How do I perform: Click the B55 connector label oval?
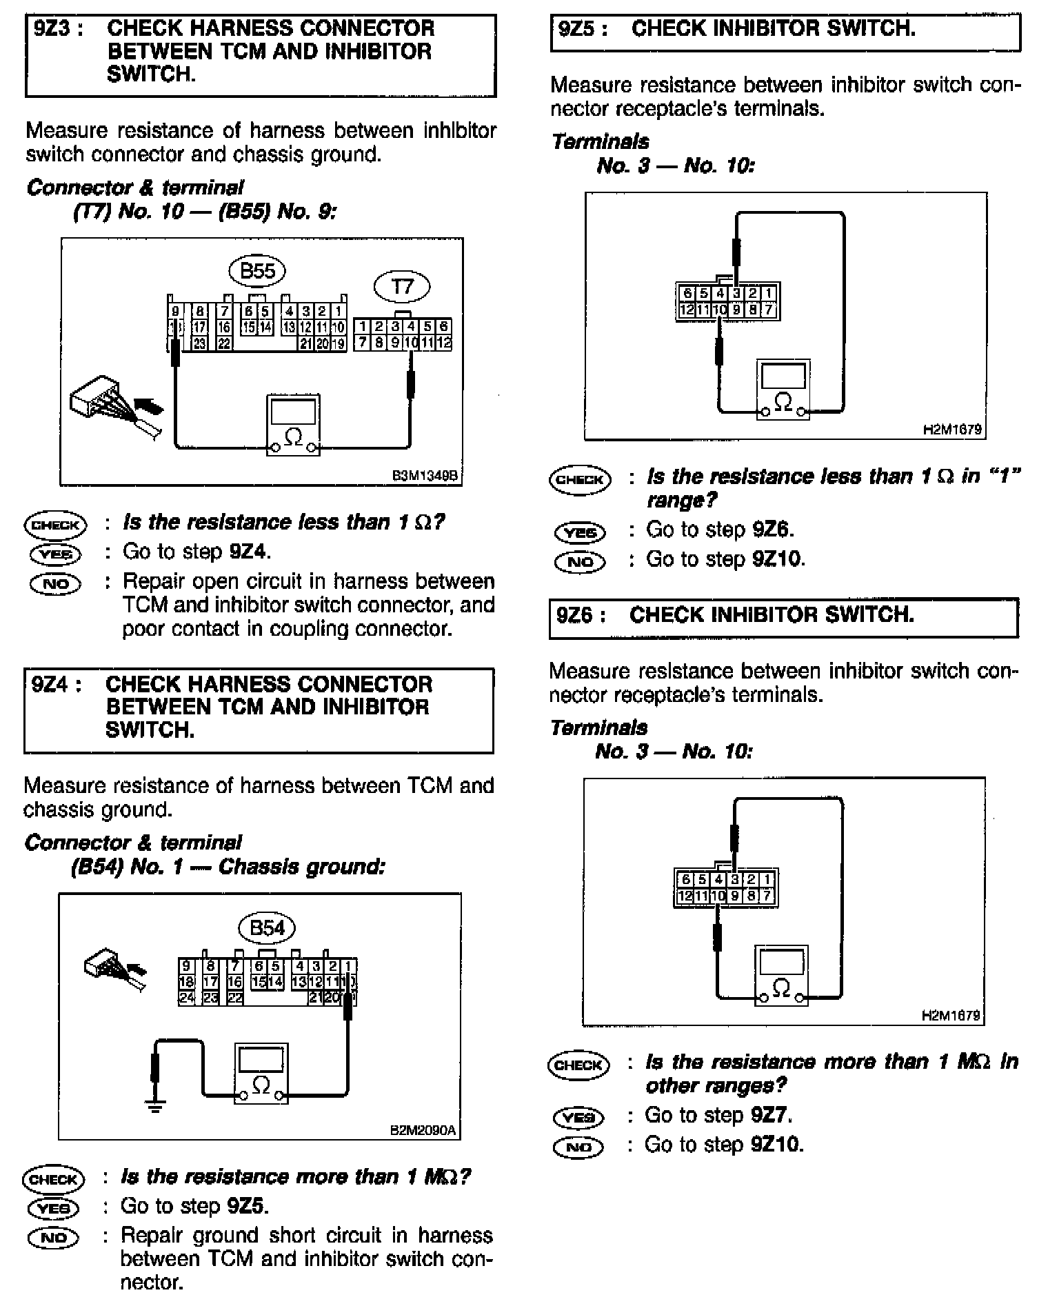click(x=257, y=271)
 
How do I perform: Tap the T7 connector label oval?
click(x=402, y=285)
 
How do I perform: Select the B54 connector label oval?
click(x=266, y=928)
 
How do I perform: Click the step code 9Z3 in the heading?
click(x=59, y=28)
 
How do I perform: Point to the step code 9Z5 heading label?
click(x=583, y=29)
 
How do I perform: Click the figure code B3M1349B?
click(x=424, y=476)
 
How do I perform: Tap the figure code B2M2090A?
click(x=423, y=1131)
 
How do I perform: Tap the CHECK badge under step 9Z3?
click(x=56, y=525)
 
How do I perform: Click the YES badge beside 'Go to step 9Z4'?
click(x=55, y=554)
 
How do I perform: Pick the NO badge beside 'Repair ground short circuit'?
click(x=54, y=1238)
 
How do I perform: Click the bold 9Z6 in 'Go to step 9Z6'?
click(x=774, y=530)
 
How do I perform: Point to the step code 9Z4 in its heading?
click(x=57, y=684)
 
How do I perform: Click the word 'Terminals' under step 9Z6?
click(x=599, y=727)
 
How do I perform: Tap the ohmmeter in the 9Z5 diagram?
click(x=783, y=390)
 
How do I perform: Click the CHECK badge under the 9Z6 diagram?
click(x=578, y=1065)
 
